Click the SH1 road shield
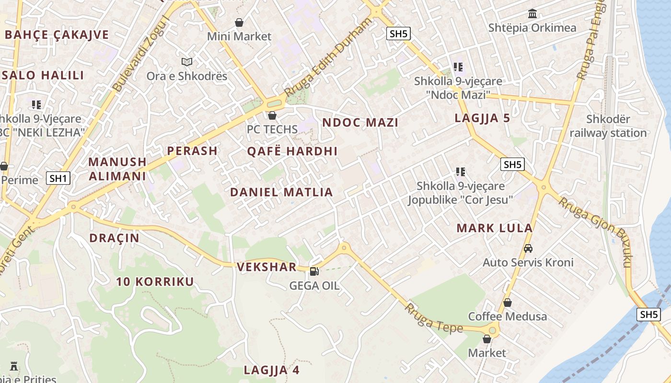[58, 179]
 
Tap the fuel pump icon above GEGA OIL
[314, 271]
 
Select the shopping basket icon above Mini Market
[239, 23]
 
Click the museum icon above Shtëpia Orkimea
[532, 14]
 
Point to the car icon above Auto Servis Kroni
[528, 248]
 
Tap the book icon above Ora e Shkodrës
[186, 62]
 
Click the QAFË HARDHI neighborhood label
[292, 151]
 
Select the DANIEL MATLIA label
[281, 192]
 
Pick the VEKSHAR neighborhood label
[266, 267]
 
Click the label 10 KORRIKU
[155, 282]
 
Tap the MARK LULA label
[495, 228]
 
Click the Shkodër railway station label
[608, 126]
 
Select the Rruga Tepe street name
[434, 318]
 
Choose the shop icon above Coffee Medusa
[508, 303]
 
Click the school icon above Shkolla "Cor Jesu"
[461, 171]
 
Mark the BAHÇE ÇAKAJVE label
[57, 34]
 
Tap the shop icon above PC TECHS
[272, 115]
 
